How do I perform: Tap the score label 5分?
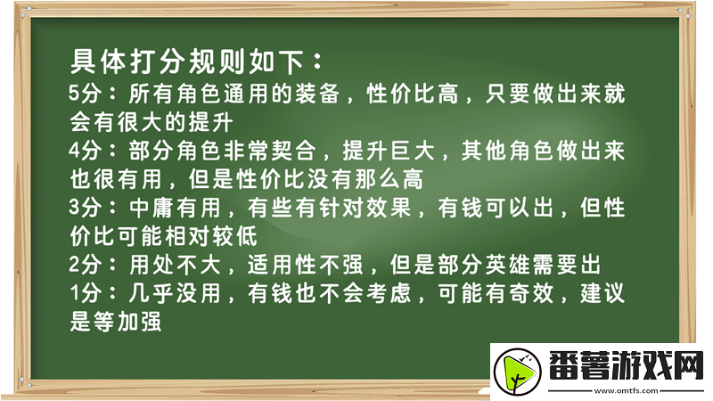pos(86,94)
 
